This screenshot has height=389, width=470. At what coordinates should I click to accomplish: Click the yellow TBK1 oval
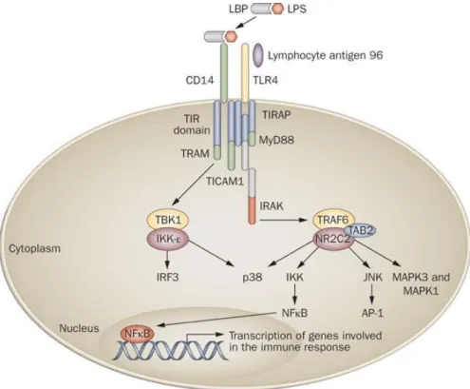(x=168, y=220)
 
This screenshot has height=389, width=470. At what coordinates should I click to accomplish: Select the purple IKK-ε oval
(x=168, y=239)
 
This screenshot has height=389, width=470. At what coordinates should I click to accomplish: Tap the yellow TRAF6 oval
(x=334, y=220)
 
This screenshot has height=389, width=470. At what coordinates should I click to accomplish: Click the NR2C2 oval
(x=333, y=240)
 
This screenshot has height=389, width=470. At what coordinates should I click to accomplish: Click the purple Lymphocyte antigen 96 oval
(x=258, y=55)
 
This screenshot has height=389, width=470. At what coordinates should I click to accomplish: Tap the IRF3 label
(x=167, y=278)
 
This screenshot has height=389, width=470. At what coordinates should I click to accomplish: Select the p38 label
(x=252, y=278)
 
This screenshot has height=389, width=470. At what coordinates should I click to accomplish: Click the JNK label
(x=373, y=278)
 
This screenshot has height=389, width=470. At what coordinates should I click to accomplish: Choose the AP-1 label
(x=372, y=313)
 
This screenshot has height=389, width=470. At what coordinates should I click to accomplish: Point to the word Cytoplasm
(x=34, y=248)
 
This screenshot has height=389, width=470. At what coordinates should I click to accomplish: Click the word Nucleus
(x=79, y=328)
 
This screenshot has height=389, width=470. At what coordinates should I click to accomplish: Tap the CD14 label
(x=199, y=80)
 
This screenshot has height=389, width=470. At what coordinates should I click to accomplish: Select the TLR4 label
(x=265, y=80)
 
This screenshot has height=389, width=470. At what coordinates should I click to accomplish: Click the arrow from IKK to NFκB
(x=295, y=295)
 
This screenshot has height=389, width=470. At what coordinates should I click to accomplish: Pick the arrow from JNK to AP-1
(x=372, y=295)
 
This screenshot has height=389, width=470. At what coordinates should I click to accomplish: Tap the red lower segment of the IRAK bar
(x=252, y=211)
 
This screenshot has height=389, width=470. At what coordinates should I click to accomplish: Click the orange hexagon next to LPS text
(x=277, y=9)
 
